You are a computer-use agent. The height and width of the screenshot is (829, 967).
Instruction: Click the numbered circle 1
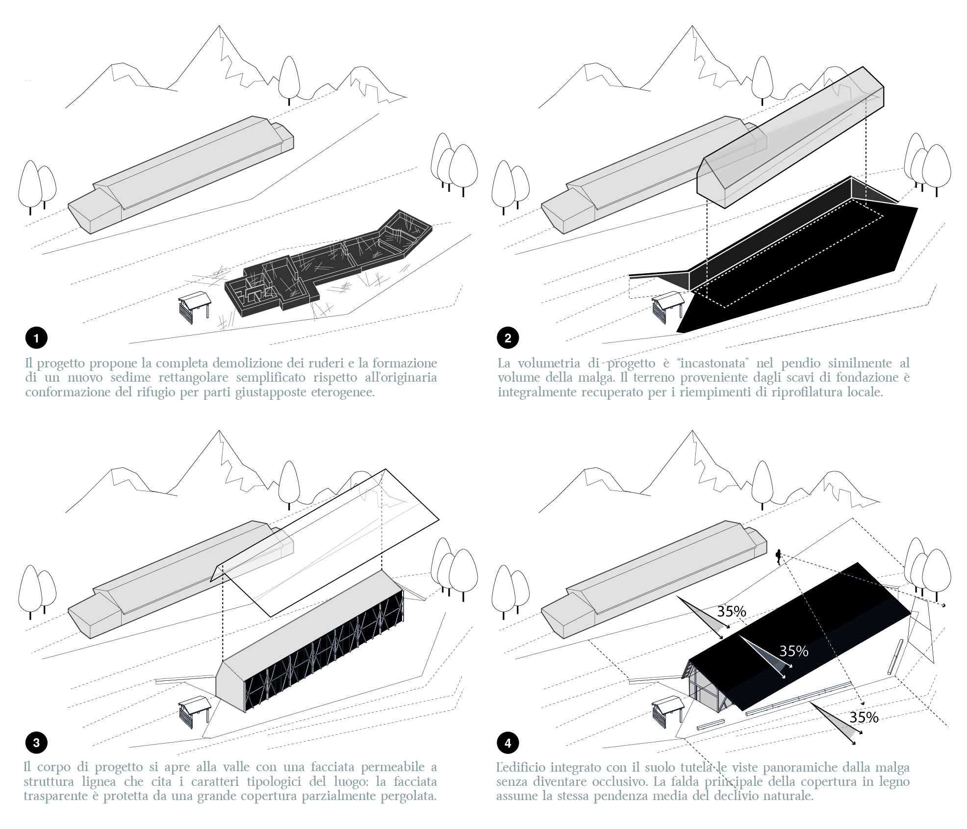tap(36, 338)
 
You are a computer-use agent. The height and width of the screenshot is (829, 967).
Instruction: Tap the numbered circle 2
tap(508, 338)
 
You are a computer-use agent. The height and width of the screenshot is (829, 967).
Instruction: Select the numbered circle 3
tap(36, 743)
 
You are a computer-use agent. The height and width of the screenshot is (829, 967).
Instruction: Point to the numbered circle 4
tap(508, 743)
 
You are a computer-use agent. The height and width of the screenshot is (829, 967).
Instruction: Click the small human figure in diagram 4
tap(778, 556)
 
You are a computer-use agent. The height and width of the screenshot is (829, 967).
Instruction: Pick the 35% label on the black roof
tap(794, 651)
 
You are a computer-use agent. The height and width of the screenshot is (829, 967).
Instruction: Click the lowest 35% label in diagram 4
tap(864, 717)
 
